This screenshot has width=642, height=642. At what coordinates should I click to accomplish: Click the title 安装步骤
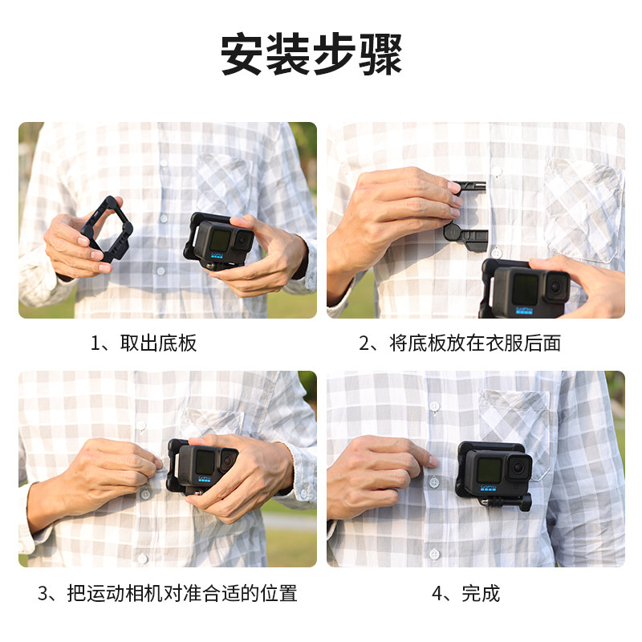311,55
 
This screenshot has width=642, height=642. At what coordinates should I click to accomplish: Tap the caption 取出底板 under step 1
158,343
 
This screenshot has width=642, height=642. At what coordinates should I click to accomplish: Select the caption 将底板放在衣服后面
475,343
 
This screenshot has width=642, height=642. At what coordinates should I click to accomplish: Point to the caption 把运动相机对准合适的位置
182,593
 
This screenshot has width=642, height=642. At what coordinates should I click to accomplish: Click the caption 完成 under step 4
481,593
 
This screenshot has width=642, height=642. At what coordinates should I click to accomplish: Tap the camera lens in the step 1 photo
243,241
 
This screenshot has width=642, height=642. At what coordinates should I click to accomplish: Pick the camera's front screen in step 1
219,240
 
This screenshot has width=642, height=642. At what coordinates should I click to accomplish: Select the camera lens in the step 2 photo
557,286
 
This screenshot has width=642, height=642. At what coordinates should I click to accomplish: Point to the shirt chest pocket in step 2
583,209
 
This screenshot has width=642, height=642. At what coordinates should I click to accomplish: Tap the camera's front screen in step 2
525,289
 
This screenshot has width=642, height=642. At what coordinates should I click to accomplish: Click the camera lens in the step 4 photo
519,467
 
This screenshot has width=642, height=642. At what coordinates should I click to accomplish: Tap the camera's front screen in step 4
489,470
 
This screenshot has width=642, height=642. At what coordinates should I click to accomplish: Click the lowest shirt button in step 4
434,554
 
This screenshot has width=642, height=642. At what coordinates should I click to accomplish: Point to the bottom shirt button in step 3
143,558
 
